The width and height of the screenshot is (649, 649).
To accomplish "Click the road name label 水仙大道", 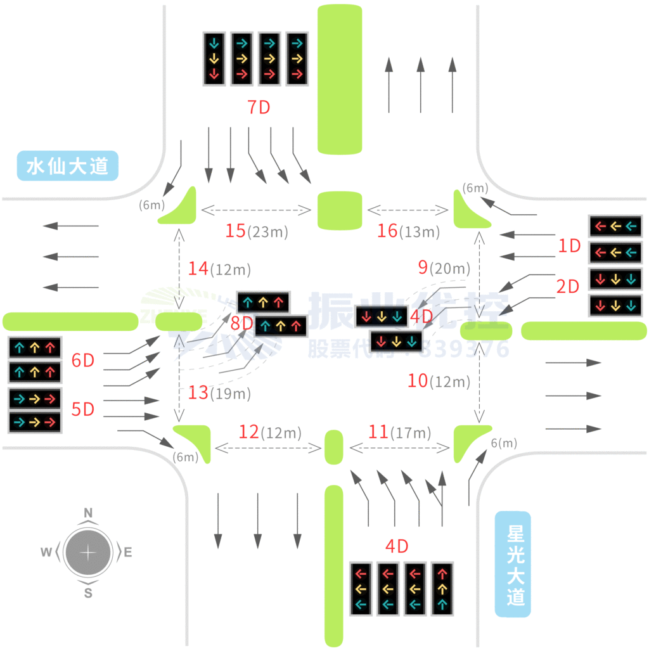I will point(68,166).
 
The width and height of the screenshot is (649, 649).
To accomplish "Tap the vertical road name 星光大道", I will point(513,564).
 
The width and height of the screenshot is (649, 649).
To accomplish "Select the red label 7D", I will point(259,108).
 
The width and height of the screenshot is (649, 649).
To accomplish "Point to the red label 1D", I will point(569,246).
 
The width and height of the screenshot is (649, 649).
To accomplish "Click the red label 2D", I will point(568,286).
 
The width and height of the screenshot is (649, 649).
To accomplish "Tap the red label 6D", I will point(82,361).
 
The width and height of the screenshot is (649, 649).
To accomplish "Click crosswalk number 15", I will point(235,231).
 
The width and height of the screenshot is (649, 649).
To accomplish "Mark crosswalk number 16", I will point(387,231).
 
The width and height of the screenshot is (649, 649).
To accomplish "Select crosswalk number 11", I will point(378,432).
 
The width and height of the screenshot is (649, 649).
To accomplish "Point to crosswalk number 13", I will point(198,393).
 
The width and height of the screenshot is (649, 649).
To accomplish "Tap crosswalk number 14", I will point(198,269).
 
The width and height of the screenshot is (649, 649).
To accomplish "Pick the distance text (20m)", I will point(449,269).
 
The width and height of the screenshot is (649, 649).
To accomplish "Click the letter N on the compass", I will point(89,513).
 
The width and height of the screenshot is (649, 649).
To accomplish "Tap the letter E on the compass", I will point(127,553).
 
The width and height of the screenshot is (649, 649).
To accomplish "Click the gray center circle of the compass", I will point(88,552).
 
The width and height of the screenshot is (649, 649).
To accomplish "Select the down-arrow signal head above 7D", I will point(214,59).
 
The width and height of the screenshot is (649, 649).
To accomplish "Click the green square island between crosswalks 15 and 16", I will point(340,210).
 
